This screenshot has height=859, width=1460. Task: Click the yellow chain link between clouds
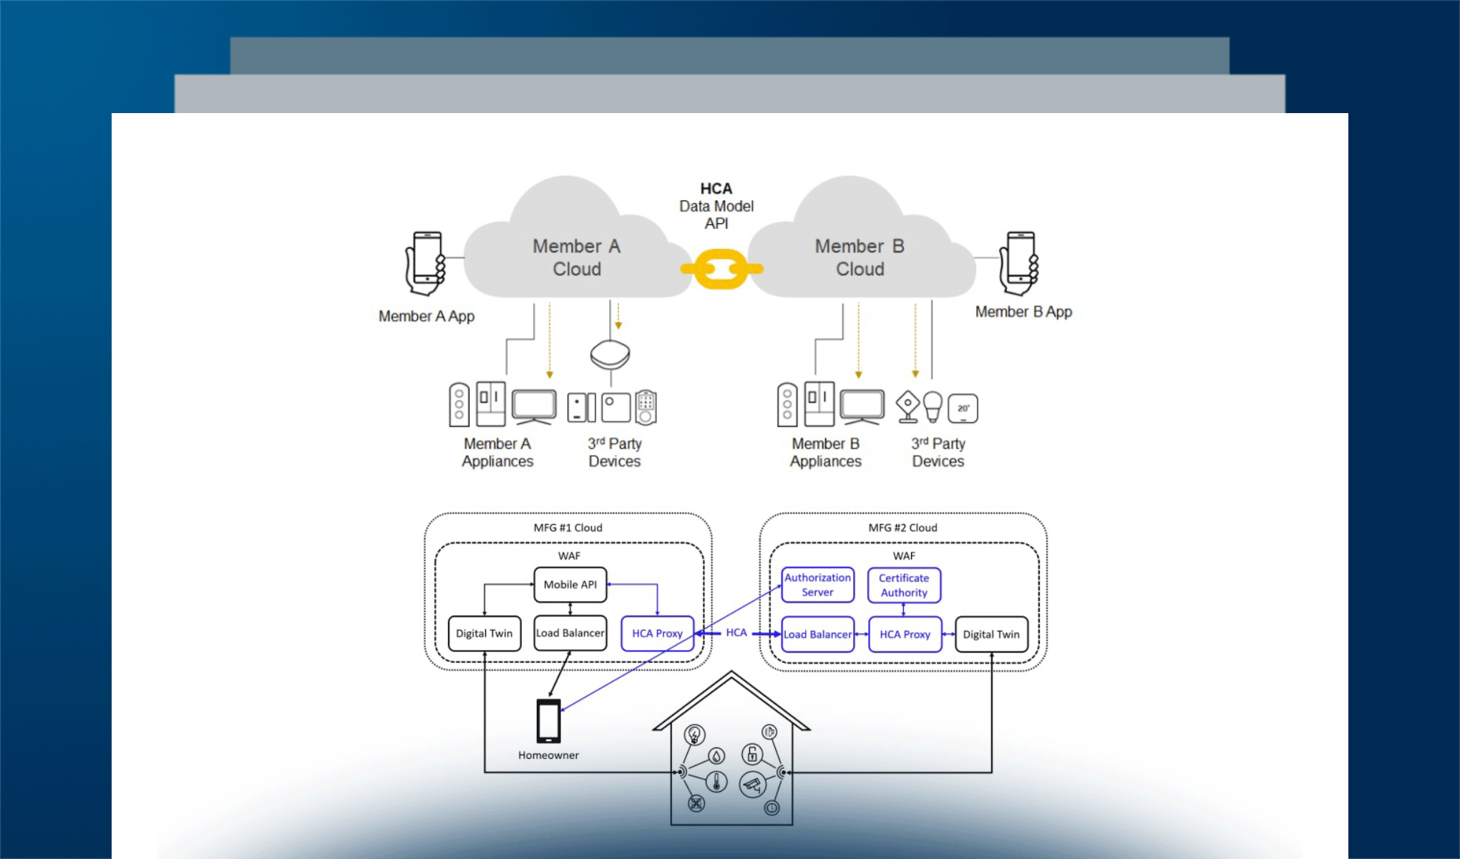point(721,269)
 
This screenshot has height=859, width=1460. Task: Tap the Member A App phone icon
point(426,263)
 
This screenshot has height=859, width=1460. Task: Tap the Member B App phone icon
point(1019,263)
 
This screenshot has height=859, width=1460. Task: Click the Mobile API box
point(570,585)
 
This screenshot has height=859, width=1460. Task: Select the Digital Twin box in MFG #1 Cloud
point(485,634)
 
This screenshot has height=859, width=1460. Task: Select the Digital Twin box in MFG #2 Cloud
point(991,634)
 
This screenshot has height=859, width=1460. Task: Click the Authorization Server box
point(817,585)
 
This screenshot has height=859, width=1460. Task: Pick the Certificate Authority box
point(904,585)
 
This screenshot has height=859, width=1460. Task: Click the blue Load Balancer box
point(817,634)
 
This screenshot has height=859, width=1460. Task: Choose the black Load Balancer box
point(570,634)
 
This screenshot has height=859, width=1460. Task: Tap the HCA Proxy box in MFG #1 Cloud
point(657,634)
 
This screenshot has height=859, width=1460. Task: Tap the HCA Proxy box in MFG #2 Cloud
point(905,634)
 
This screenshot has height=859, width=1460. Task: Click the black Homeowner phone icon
point(549,721)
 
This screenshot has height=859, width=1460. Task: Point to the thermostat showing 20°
point(963,409)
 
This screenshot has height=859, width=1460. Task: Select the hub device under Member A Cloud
point(610,354)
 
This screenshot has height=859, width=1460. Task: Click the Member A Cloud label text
point(577,258)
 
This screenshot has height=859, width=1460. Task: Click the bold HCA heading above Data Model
point(716,189)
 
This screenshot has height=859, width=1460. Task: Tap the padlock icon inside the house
point(751,753)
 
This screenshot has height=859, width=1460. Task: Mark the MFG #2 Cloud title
point(902,528)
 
